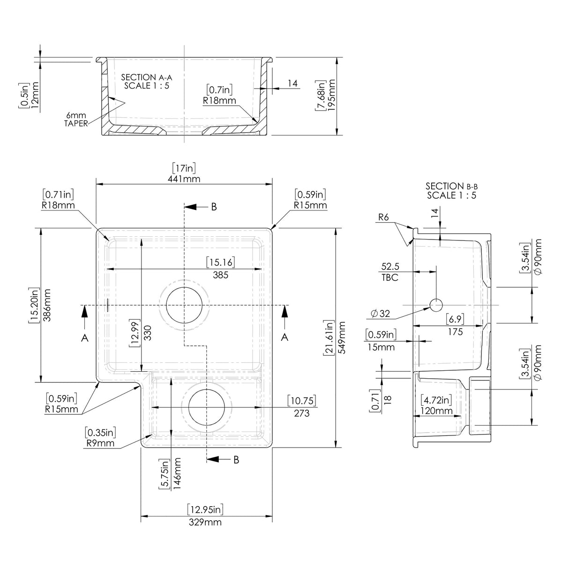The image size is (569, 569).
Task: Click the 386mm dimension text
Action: point(46,305)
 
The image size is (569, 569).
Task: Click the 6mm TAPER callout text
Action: point(75,120)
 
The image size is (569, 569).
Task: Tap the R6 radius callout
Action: point(385,217)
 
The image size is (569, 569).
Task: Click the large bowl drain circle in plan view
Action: point(185,305)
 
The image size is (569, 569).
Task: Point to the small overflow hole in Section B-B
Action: point(436,305)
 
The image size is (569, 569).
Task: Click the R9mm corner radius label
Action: point(100,442)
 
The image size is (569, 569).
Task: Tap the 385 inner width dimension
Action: point(220,275)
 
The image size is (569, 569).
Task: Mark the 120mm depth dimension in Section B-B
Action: point(436,411)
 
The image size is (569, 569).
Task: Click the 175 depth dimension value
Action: point(455,331)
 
